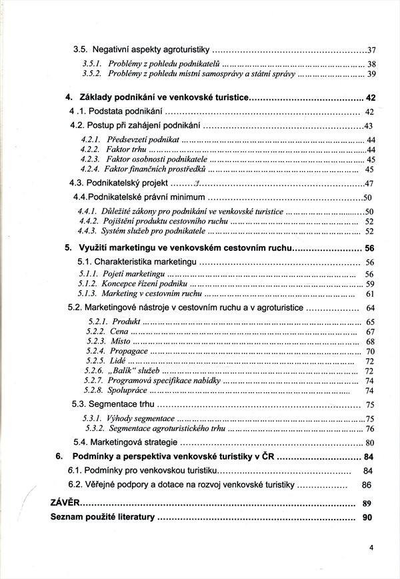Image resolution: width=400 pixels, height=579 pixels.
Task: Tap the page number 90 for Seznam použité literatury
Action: tap(367, 517)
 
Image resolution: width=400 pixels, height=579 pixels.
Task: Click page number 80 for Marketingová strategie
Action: tap(371, 443)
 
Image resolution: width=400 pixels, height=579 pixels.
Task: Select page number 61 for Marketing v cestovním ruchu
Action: tap(370, 294)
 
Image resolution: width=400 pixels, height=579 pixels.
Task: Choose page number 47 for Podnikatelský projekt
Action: tap(371, 183)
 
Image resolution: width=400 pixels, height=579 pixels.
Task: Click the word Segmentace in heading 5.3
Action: tap(110, 404)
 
